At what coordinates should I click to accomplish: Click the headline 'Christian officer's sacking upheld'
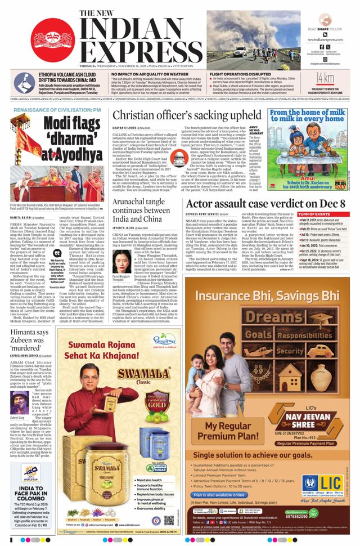tap(187, 116)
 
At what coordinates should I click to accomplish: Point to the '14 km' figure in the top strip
tap(325, 77)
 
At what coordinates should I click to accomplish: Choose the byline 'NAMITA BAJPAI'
tap(19, 217)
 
